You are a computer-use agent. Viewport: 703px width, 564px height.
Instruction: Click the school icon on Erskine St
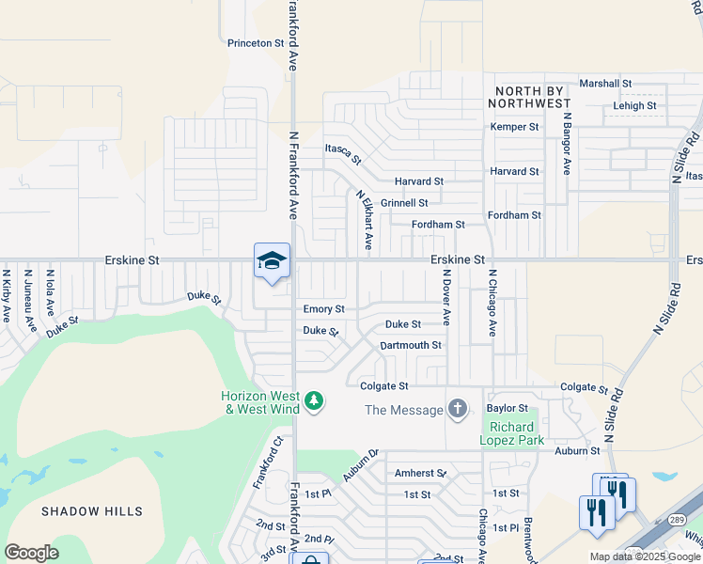tap(272, 261)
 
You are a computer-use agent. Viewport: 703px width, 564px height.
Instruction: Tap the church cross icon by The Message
tap(458, 409)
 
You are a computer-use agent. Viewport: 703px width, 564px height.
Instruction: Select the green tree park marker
tap(314, 402)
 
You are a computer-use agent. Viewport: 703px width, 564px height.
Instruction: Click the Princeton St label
tap(256, 43)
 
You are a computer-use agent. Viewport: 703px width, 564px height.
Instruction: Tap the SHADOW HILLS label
tap(92, 511)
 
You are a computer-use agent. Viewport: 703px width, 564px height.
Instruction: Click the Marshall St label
tap(605, 84)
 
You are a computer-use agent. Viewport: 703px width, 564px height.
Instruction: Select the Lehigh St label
tap(635, 106)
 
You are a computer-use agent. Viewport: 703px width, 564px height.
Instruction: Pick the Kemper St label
tap(514, 127)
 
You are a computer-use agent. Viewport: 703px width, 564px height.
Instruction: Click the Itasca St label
tap(343, 153)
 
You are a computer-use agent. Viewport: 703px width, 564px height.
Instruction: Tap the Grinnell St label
tap(404, 203)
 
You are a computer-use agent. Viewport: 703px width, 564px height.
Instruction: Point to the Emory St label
tap(323, 309)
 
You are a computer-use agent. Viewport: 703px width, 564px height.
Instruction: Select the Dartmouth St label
tap(411, 346)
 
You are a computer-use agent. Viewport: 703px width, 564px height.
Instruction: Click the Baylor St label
tap(508, 409)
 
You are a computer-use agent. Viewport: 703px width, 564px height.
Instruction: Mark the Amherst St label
tap(419, 474)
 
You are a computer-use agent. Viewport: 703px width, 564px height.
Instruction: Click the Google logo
tap(31, 553)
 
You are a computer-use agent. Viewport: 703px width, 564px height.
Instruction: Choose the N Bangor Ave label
tap(567, 145)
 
